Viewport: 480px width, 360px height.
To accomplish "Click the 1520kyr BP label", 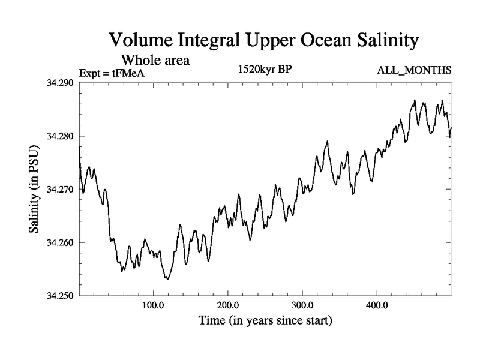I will point(265,69).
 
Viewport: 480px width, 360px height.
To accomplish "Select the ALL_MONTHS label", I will point(413,71).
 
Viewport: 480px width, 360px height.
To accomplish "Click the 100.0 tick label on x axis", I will point(154,305).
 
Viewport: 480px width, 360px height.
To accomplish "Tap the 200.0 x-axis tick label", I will point(228,305).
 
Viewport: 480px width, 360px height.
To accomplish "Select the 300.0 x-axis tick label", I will point(302,305).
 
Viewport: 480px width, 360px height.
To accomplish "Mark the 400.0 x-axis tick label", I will point(377,305).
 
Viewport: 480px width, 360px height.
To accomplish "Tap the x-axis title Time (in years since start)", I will point(265,321).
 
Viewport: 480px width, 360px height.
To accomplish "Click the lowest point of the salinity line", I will point(167,279).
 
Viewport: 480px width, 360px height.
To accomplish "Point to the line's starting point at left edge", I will point(79,147).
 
